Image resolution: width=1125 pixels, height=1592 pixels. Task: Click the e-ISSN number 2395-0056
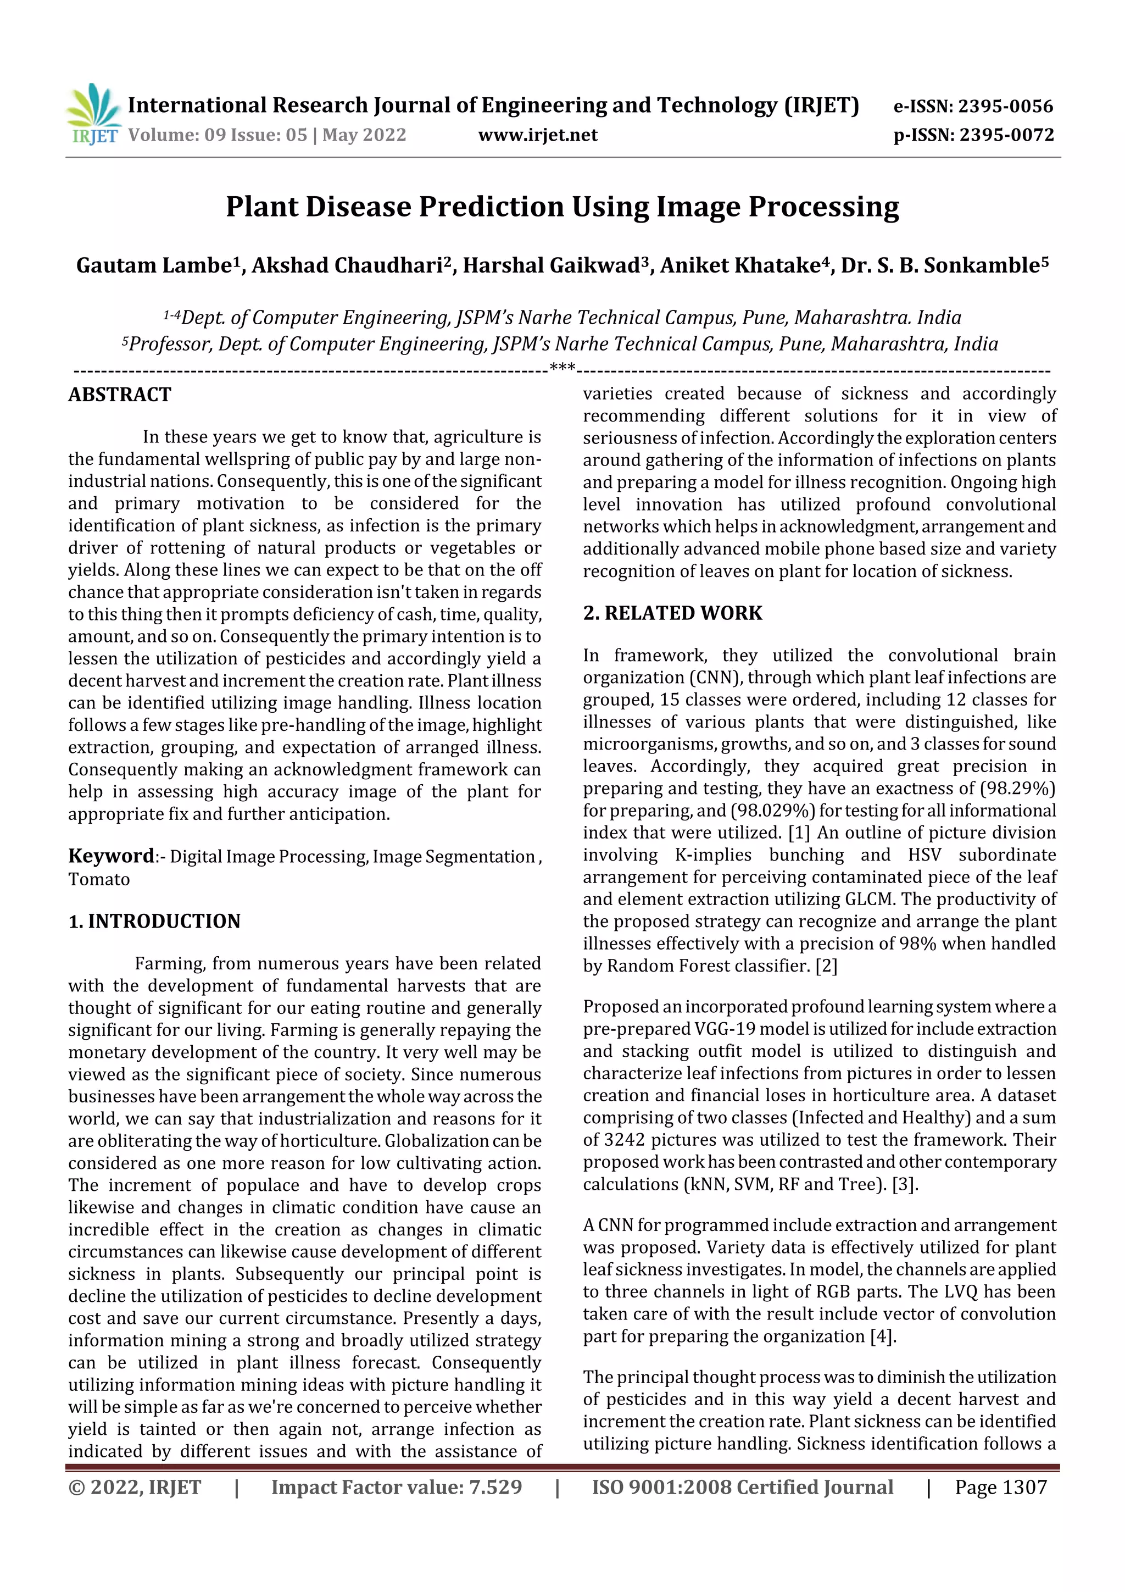point(1005,106)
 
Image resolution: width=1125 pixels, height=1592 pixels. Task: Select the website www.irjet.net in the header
point(537,135)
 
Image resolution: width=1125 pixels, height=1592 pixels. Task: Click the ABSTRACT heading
point(119,395)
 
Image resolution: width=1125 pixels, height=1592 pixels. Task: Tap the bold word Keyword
point(111,856)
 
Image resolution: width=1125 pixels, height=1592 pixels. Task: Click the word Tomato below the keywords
point(99,879)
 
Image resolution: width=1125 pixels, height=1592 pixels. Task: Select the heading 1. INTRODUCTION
point(154,921)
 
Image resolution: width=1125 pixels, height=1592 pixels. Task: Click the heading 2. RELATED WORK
point(672,613)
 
